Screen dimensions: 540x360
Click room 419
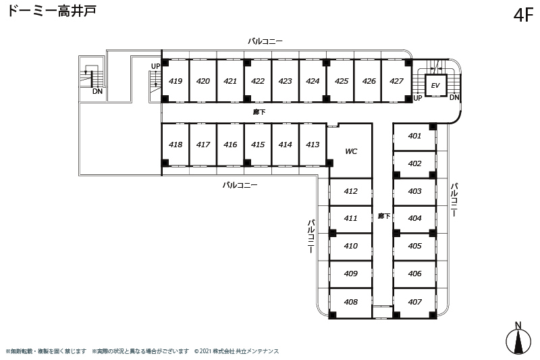pyautogui.click(x=175, y=81)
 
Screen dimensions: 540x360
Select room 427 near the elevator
pyautogui.click(x=396, y=81)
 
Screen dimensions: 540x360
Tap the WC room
pyautogui.click(x=350, y=151)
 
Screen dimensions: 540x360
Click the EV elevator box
pyautogui.click(x=435, y=85)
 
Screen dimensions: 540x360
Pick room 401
pyautogui.click(x=414, y=136)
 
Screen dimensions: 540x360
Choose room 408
pyautogui.click(x=350, y=302)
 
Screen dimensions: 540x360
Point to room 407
pyautogui.click(x=414, y=302)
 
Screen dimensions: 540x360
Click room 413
pyautogui.click(x=313, y=145)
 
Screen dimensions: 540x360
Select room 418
pyautogui.click(x=175, y=145)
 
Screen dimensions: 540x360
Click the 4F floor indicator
pyautogui.click(x=523, y=15)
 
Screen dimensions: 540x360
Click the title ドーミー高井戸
pyautogui.click(x=52, y=11)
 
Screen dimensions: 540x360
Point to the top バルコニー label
pyautogui.click(x=265, y=41)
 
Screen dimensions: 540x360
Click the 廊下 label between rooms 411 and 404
pyautogui.click(x=384, y=216)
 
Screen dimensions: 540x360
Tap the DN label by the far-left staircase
pyautogui.click(x=97, y=91)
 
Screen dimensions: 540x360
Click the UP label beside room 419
pyautogui.click(x=156, y=66)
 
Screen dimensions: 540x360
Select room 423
pyautogui.click(x=285, y=81)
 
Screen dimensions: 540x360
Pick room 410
pyautogui.click(x=350, y=246)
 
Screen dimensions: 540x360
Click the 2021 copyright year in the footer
pyautogui.click(x=205, y=351)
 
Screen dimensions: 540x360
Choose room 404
pyautogui.click(x=414, y=218)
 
